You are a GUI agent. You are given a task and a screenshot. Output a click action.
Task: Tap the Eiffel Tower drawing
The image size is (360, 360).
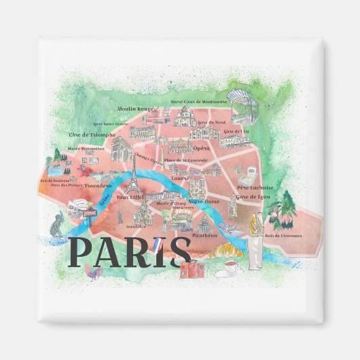point(134,180)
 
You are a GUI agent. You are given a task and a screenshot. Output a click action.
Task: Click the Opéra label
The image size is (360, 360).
point(201,147)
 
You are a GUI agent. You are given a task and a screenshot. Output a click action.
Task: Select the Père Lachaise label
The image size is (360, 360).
point(255,187)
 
